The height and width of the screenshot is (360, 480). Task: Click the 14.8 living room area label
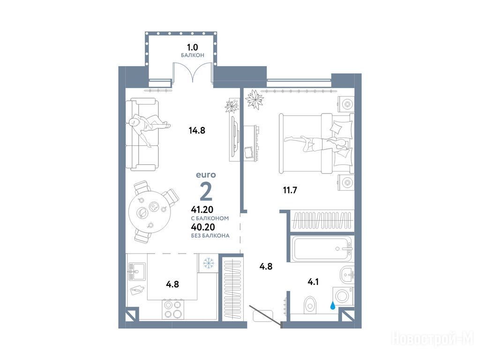pos(197,131)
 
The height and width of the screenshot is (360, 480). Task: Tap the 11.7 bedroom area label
pos(290,190)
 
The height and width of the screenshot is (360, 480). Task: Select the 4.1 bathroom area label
pos(313,282)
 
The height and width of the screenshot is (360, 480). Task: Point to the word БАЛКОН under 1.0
pos(193,55)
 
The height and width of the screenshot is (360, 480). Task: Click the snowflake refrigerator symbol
pos(209,262)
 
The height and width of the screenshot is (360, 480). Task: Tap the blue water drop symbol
pos(332,305)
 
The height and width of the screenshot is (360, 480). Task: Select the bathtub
pos(322,248)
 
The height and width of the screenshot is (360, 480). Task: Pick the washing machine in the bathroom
pos(344,296)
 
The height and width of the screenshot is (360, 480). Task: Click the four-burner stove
pos(172,309)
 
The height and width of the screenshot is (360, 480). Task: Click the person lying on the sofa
pos(148,126)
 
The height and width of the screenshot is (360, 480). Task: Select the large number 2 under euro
pos(206,191)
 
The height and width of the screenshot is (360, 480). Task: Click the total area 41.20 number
pos(202,210)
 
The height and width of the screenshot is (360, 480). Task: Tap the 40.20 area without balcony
pos(202,227)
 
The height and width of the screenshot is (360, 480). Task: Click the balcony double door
pos(193,72)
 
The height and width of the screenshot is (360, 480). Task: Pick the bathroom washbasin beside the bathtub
pos(347,274)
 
